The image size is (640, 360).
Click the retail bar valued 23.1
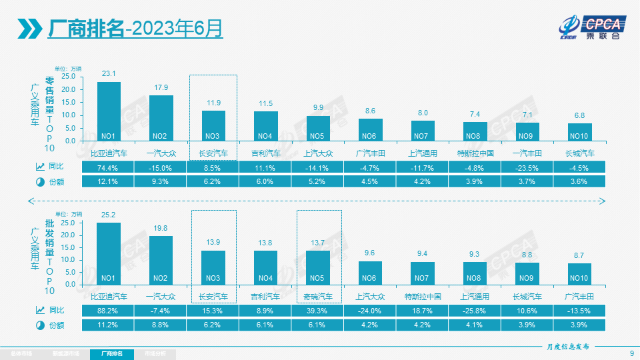[x=109, y=111]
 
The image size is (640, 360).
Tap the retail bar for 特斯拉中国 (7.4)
[x=475, y=131]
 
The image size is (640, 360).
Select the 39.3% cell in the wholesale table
[x=318, y=310]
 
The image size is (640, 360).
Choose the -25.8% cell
[x=475, y=310]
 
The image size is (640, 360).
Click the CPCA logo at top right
[x=592, y=27]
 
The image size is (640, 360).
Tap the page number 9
[x=631, y=353]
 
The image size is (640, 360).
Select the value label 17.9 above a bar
[x=161, y=88]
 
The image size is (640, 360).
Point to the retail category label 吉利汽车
[x=265, y=153]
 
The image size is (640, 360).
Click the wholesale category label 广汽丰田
[x=579, y=296]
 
